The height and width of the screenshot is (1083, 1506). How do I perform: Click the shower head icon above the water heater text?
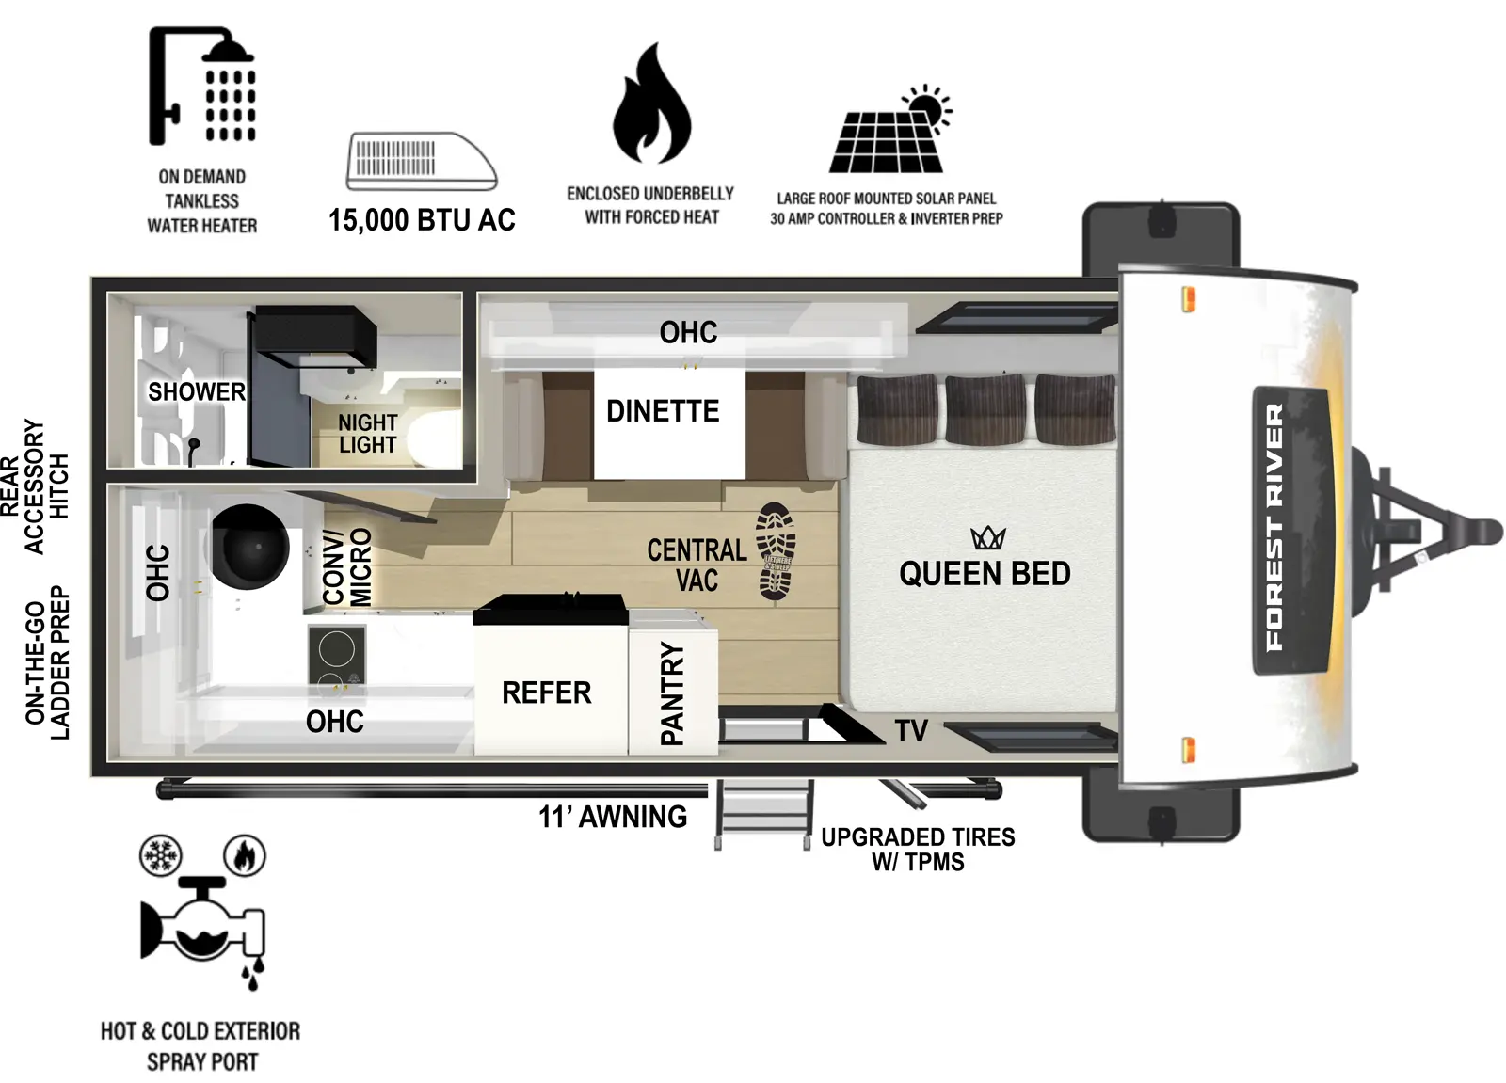(x=202, y=87)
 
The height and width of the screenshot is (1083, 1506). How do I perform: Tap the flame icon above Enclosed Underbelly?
(x=651, y=105)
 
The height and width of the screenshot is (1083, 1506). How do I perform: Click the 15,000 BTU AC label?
(x=422, y=220)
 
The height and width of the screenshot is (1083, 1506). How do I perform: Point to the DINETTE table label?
(x=663, y=411)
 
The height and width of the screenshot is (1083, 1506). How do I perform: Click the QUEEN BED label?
(x=985, y=574)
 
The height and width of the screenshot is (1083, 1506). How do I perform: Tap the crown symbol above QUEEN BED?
(x=988, y=538)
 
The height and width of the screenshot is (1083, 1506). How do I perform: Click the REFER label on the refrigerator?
(x=547, y=693)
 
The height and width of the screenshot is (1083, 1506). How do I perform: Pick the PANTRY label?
(x=672, y=694)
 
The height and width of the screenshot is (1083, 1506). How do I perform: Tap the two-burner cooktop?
(x=336, y=655)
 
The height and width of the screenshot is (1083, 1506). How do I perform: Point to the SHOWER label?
(x=197, y=391)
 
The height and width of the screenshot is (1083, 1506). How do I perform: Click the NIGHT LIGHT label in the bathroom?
(x=368, y=434)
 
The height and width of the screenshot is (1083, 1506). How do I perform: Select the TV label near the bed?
(x=911, y=730)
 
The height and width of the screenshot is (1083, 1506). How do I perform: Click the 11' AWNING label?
(x=613, y=817)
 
